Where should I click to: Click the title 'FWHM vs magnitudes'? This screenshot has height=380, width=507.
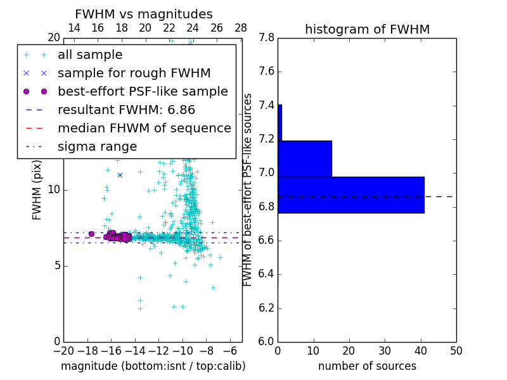click(x=143, y=15)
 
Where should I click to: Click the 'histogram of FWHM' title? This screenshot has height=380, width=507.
click(x=367, y=29)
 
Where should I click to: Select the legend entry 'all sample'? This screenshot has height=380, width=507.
click(x=90, y=55)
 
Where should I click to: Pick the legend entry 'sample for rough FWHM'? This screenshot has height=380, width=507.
click(x=134, y=73)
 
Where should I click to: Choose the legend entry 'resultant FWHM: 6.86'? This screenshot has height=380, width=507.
click(x=126, y=110)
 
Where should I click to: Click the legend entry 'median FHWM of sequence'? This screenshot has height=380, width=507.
click(x=144, y=128)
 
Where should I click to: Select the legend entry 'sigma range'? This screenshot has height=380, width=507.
click(x=97, y=147)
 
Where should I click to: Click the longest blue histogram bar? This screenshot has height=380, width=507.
click(x=350, y=194)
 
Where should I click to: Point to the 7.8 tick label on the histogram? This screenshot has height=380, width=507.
click(x=266, y=37)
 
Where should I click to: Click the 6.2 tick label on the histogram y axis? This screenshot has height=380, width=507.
click(x=266, y=308)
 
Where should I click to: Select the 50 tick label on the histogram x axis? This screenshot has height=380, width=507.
click(x=456, y=351)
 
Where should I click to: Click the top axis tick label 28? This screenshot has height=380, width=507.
click(x=241, y=28)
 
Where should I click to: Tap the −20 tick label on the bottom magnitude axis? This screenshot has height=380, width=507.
click(x=63, y=351)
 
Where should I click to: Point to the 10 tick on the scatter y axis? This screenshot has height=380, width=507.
click(x=53, y=189)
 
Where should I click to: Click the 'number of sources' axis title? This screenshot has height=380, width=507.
click(x=367, y=366)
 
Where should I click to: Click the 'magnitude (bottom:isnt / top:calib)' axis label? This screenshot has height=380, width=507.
click(x=153, y=366)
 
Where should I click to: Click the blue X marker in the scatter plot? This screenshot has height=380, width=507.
click(x=120, y=175)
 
